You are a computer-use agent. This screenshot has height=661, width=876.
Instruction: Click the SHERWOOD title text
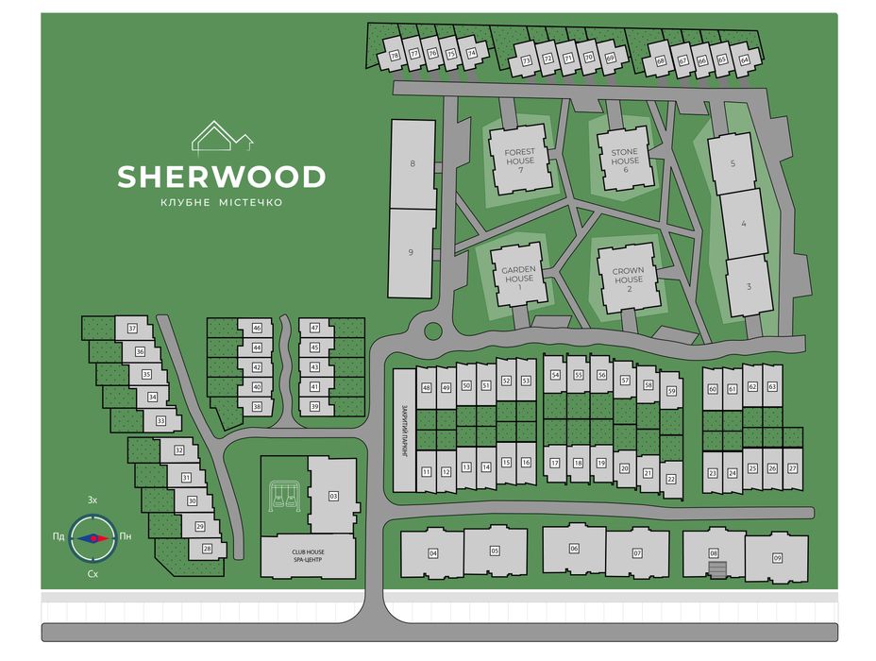222,177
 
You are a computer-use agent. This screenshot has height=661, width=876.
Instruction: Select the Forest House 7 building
518,157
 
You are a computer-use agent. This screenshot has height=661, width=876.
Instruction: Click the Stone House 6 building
624,157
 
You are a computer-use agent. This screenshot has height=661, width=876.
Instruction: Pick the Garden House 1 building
518,274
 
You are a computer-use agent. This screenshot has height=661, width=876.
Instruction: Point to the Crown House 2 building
628,275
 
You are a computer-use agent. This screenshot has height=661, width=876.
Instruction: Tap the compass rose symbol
93,537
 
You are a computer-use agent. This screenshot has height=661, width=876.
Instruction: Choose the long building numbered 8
413,164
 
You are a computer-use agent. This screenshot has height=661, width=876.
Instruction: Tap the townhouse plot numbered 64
744,60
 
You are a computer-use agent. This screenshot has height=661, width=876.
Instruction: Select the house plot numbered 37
132,329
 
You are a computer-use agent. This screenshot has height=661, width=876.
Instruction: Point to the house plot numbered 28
208,548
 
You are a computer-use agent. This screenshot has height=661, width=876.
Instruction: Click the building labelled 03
332,495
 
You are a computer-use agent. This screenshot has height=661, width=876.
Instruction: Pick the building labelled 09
777,557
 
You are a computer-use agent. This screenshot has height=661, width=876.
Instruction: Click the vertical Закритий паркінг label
402,431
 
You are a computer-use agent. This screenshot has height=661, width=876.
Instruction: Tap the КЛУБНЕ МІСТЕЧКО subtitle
222,203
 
